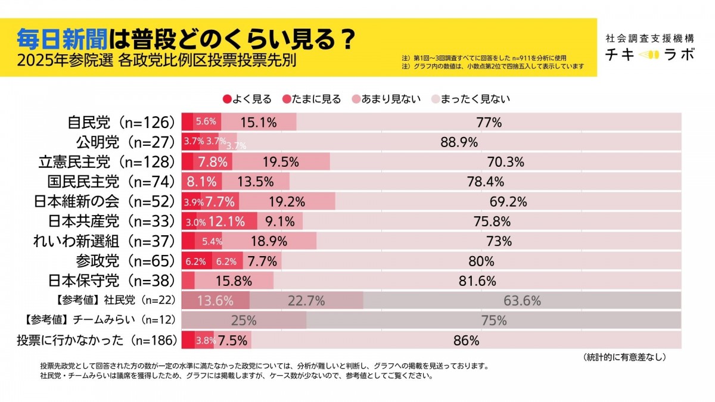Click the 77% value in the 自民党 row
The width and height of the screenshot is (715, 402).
pyautogui.click(x=489, y=123)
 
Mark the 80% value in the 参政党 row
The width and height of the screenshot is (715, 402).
pyautogui.click(x=481, y=261)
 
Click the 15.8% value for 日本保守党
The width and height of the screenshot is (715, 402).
pyautogui.click(x=234, y=281)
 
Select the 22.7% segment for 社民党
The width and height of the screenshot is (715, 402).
pyautogui.click(x=306, y=301)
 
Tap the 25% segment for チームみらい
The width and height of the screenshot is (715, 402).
pyautogui.click(x=243, y=320)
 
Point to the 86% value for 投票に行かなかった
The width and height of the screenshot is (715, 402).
pyautogui.click(x=466, y=341)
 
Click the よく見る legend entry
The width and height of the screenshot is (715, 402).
pyautogui.click(x=247, y=99)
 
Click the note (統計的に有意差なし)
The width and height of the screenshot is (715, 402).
pyautogui.click(x=624, y=357)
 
